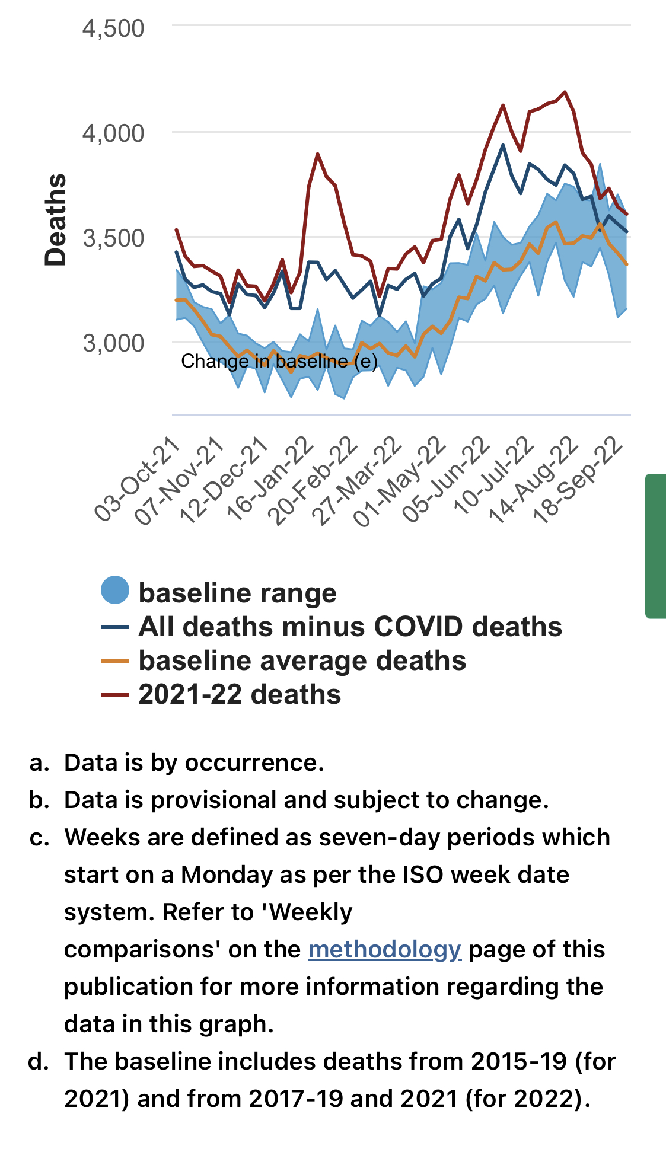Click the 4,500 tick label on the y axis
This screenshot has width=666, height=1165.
point(113,28)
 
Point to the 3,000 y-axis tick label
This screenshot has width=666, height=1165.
point(113,343)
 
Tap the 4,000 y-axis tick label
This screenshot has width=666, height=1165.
point(113,133)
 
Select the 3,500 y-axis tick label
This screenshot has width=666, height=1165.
point(113,238)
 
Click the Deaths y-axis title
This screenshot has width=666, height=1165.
point(56,219)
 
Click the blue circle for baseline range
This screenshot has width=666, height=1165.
point(115,591)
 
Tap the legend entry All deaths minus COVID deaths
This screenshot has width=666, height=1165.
point(350,627)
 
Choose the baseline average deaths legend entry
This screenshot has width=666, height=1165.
point(302,660)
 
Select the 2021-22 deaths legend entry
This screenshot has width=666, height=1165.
point(240,694)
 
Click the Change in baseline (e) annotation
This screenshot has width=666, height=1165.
point(279,361)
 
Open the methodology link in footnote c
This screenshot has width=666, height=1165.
point(384,949)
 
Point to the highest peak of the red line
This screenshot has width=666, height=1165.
point(565,92)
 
